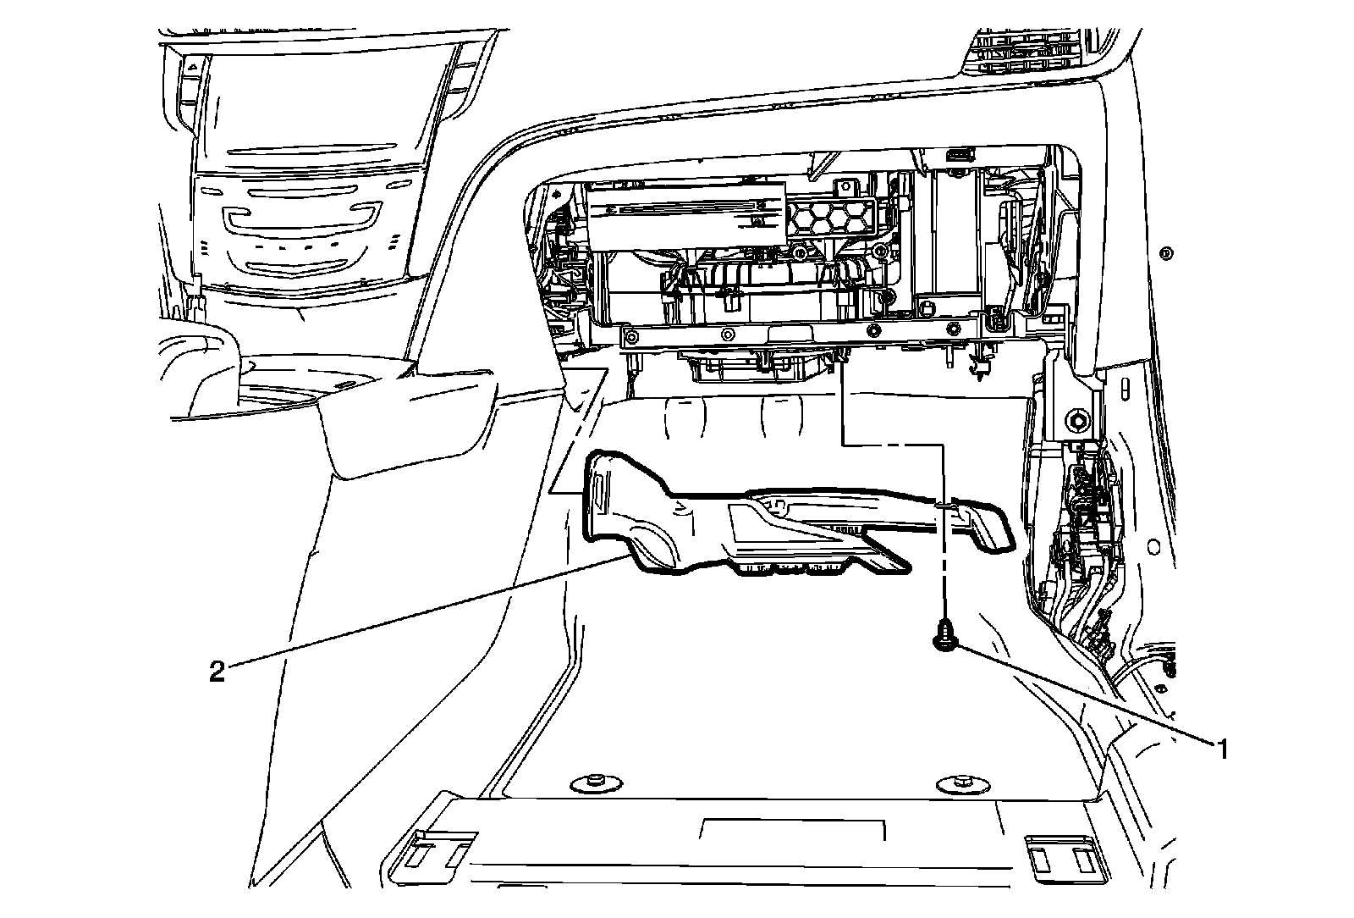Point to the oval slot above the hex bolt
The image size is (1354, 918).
tap(1124, 388)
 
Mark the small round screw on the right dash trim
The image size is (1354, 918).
tap(1168, 252)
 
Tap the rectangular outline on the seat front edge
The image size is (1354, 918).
tap(794, 829)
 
